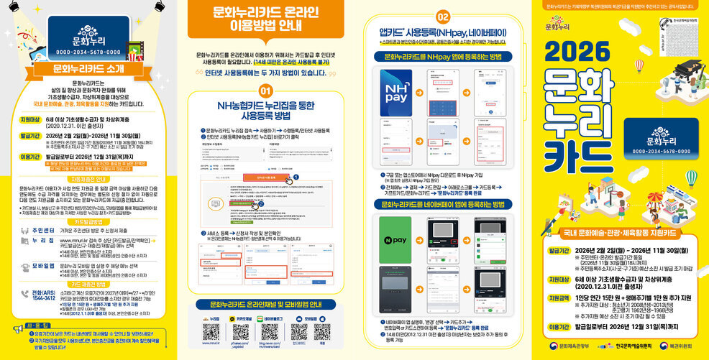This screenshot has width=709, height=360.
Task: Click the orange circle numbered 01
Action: coord(265,91)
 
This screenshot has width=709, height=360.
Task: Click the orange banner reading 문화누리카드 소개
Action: coord(88,69)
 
